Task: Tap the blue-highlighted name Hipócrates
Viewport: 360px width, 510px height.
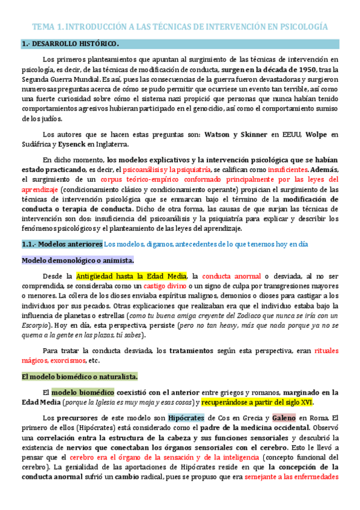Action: pos(187,417)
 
